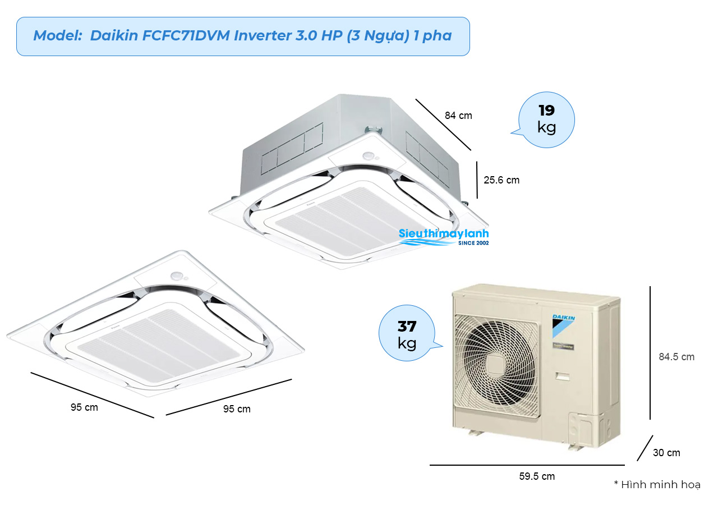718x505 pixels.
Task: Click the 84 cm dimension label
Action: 458,116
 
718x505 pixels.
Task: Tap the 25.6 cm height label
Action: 501,180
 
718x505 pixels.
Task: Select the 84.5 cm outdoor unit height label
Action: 676,356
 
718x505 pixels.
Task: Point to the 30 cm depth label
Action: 666,452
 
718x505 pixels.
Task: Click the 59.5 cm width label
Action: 537,476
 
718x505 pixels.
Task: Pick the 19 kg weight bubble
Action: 546,120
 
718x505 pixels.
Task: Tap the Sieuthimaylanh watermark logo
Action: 444,237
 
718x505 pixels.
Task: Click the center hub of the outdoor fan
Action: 495,365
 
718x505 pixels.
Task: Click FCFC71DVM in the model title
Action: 186,35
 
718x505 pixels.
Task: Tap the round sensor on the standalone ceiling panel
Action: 177,276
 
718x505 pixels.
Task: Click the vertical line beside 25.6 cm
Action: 477,180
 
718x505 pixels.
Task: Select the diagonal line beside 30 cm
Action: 645,448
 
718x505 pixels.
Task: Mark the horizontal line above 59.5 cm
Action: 527,465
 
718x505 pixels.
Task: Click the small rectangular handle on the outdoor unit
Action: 563,377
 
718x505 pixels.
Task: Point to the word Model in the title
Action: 58,35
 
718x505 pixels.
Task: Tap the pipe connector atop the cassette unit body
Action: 374,130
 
